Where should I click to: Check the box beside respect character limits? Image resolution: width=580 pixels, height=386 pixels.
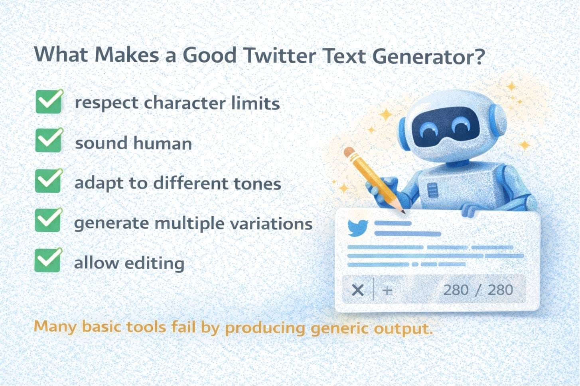(49, 102)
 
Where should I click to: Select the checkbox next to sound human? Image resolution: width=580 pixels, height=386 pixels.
(49, 141)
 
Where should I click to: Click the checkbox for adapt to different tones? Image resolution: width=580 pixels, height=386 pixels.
(49, 181)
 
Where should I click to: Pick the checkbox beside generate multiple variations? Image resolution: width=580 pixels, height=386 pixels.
(49, 220)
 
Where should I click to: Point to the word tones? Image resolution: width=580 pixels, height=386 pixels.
(257, 184)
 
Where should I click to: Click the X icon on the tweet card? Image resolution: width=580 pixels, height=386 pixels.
(357, 290)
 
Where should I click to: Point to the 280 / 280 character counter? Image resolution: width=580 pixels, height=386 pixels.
(478, 290)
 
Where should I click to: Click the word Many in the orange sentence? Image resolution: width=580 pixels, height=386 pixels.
(55, 327)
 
